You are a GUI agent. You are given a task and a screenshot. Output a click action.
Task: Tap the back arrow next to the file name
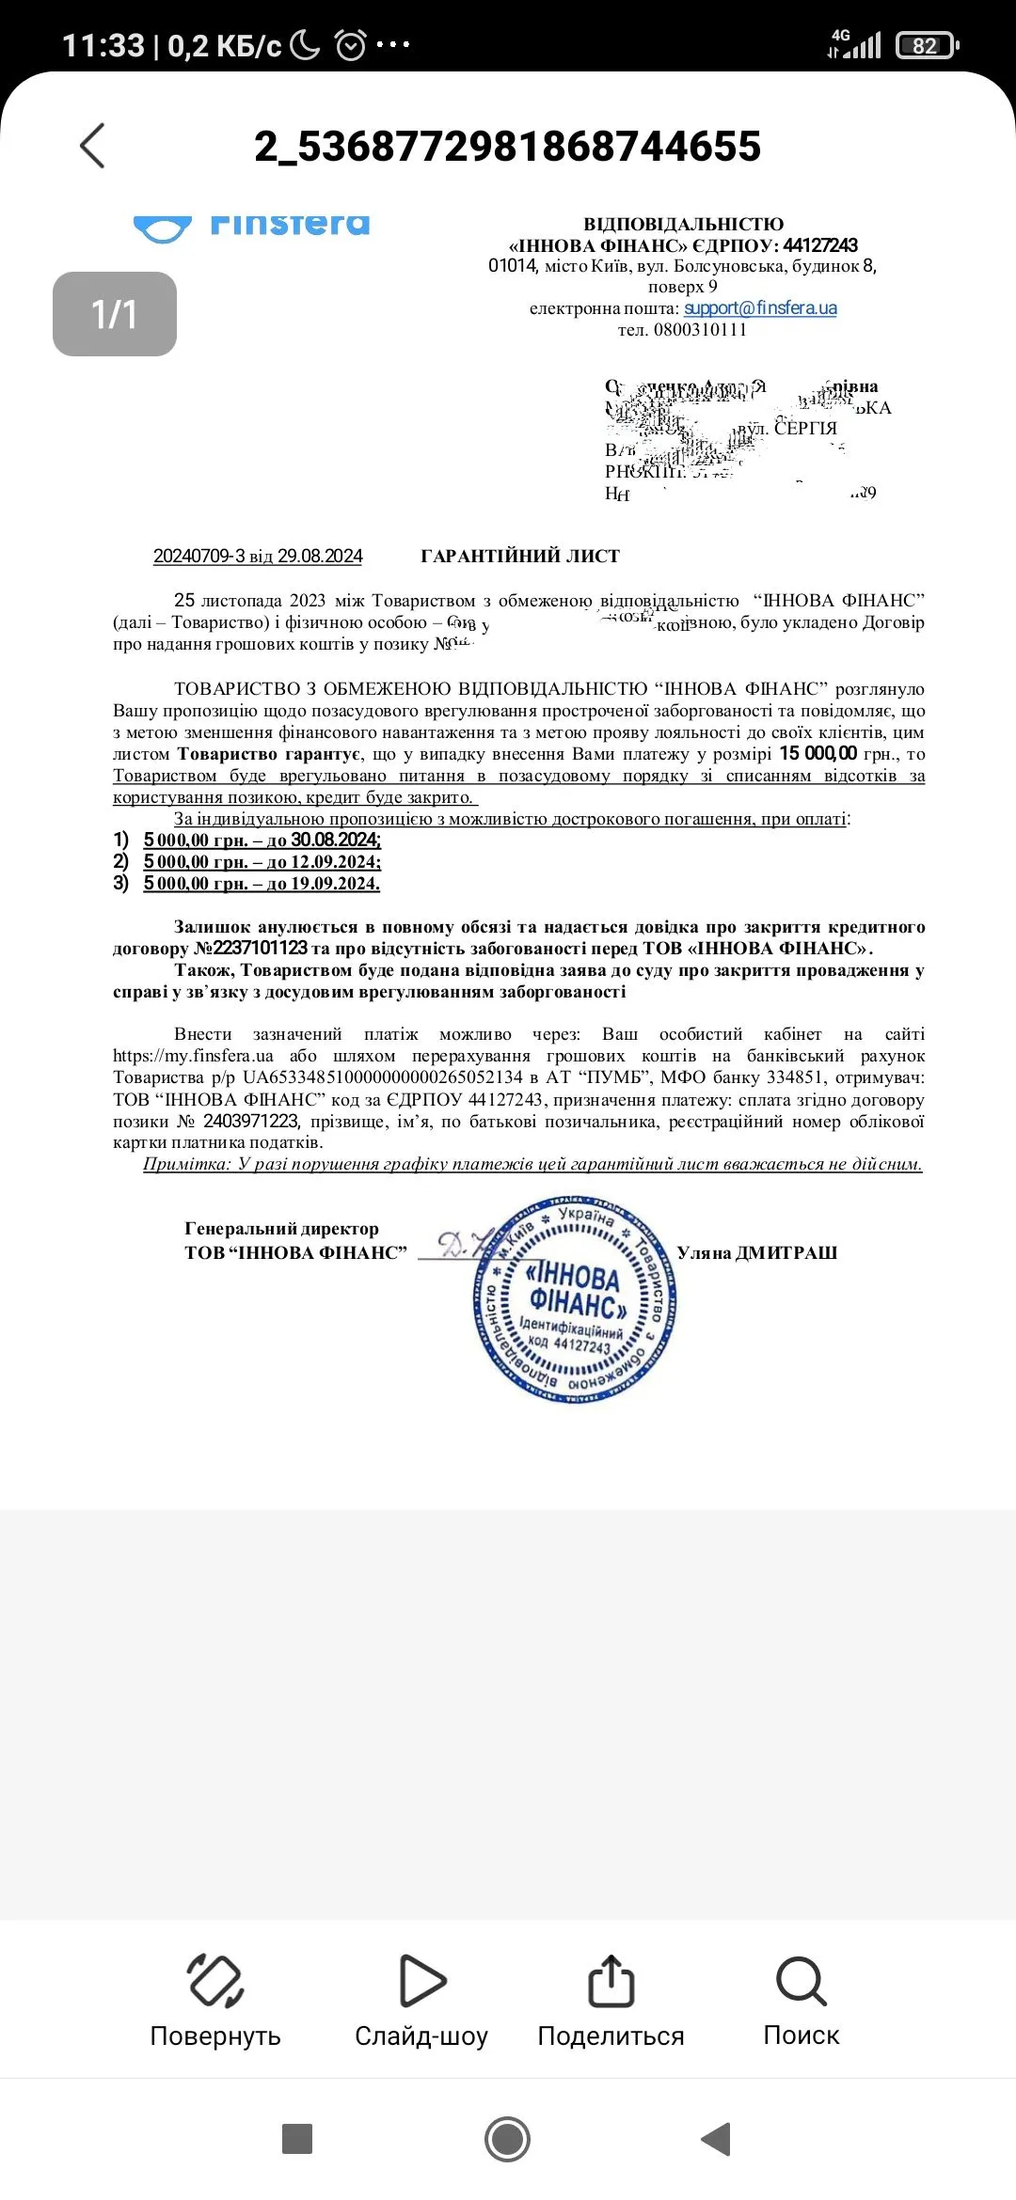pyautogui.click(x=92, y=146)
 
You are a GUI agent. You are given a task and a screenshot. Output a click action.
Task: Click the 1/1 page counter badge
pyautogui.click(x=115, y=314)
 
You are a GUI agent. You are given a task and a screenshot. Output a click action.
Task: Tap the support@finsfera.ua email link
pyautogui.click(x=760, y=308)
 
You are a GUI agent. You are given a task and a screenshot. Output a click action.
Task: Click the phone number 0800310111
pyautogui.click(x=700, y=330)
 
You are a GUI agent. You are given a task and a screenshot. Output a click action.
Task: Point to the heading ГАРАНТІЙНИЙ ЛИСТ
pyautogui.click(x=520, y=556)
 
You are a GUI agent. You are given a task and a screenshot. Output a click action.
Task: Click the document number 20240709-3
pyautogui.click(x=198, y=556)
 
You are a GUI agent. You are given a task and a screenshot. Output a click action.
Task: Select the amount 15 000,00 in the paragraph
pyautogui.click(x=818, y=753)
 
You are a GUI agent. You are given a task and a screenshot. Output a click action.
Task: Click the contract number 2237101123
pyautogui.click(x=261, y=948)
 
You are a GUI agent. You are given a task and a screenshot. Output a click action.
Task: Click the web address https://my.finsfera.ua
pyautogui.click(x=193, y=1056)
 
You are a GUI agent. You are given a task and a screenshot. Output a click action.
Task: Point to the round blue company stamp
pyautogui.click(x=574, y=1300)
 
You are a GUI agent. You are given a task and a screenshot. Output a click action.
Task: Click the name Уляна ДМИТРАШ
pyautogui.click(x=756, y=1252)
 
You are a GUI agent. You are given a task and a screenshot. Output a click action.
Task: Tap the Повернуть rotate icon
pyautogui.click(x=215, y=1981)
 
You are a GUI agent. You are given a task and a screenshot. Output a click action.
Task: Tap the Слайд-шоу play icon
pyautogui.click(x=421, y=1981)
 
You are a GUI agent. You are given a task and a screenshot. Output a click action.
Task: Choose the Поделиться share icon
pyautogui.click(x=611, y=1981)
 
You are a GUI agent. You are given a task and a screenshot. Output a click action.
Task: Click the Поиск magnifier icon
pyautogui.click(x=801, y=1981)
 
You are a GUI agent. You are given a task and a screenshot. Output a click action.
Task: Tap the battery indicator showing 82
pyautogui.click(x=927, y=45)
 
